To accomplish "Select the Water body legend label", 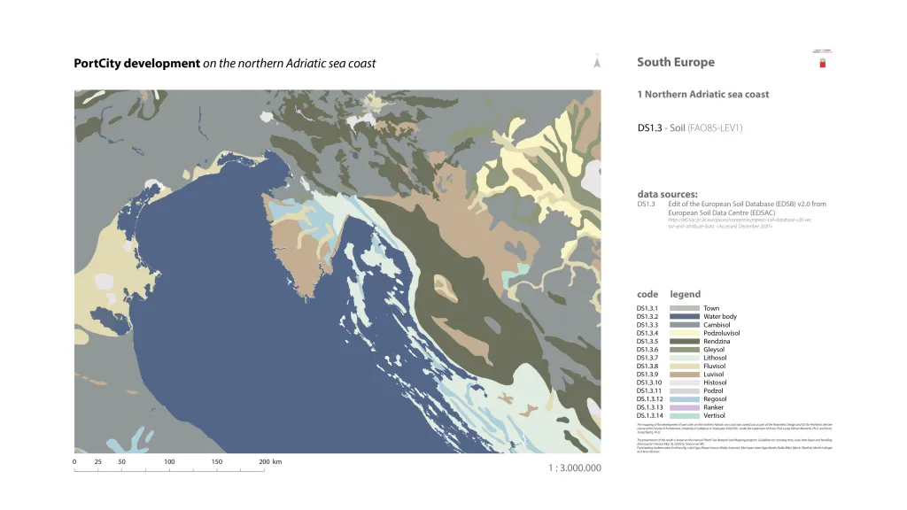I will tap(719, 316).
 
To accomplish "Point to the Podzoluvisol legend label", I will tap(721, 333).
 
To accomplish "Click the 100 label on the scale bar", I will tap(169, 462).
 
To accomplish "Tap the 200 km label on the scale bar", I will tap(269, 462).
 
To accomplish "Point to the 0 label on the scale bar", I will tap(74, 462).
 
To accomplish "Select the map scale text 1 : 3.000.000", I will tap(574, 467).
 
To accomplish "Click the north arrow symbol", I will tap(598, 63).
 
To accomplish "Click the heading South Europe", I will tap(675, 62).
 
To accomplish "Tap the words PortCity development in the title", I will tap(136, 64).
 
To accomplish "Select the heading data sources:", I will tap(667, 194).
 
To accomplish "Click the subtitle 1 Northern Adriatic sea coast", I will tap(702, 94).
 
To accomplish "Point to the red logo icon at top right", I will tap(822, 62).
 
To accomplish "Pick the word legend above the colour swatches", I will tap(685, 294).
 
